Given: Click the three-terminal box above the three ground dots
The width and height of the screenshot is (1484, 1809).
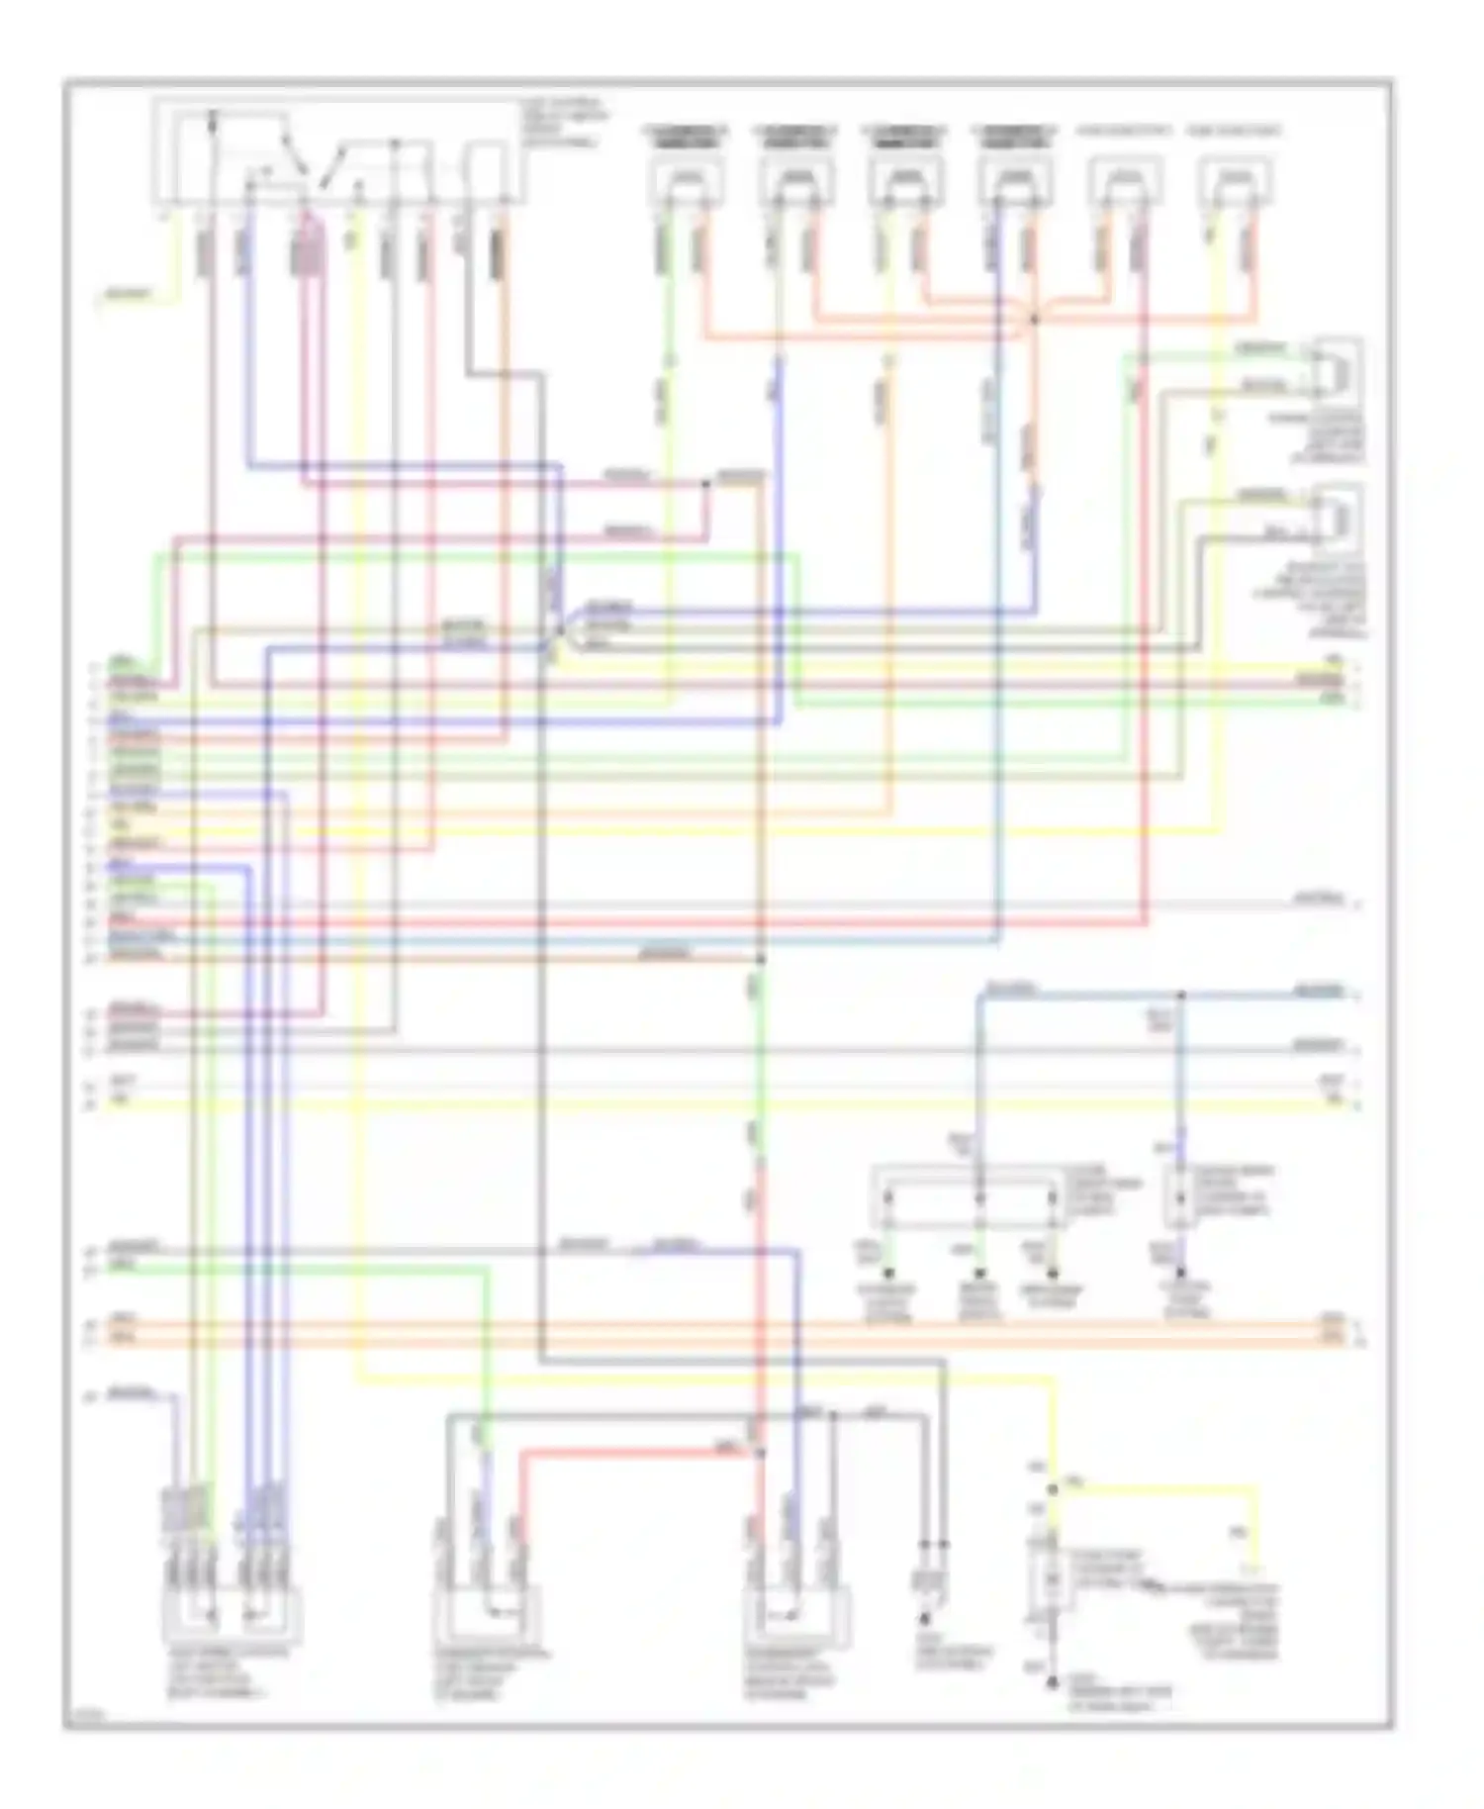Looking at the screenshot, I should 969,1198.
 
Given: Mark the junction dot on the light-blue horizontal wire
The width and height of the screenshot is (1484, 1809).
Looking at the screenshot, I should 1180,993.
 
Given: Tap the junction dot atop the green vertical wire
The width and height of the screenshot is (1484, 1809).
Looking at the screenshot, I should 760,960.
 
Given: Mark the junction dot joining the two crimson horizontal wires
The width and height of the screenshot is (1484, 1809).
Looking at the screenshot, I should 706,484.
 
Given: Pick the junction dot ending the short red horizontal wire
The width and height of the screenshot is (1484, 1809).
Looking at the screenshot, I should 760,1453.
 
